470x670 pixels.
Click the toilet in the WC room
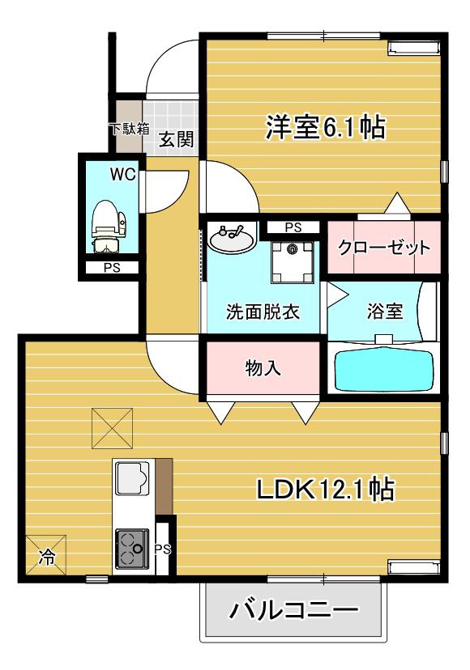[109, 227]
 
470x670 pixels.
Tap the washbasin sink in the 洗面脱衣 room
[232, 238]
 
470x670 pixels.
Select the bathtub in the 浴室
[383, 370]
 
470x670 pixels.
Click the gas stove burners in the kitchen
[132, 549]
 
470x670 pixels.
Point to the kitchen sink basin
[132, 477]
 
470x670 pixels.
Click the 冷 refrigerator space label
[47, 557]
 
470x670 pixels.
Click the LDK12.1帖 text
[325, 489]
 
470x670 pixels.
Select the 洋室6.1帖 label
[325, 127]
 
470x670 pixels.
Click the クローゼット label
[384, 248]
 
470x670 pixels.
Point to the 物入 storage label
[263, 367]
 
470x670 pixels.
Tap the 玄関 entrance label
[176, 139]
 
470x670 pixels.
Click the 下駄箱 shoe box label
[130, 129]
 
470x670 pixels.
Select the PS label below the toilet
[112, 269]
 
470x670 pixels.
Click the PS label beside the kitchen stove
[163, 549]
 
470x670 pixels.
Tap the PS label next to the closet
[293, 227]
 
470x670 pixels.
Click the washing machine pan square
[293, 262]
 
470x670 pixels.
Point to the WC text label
[123, 174]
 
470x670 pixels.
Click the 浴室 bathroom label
[385, 311]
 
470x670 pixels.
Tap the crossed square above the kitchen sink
[112, 428]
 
